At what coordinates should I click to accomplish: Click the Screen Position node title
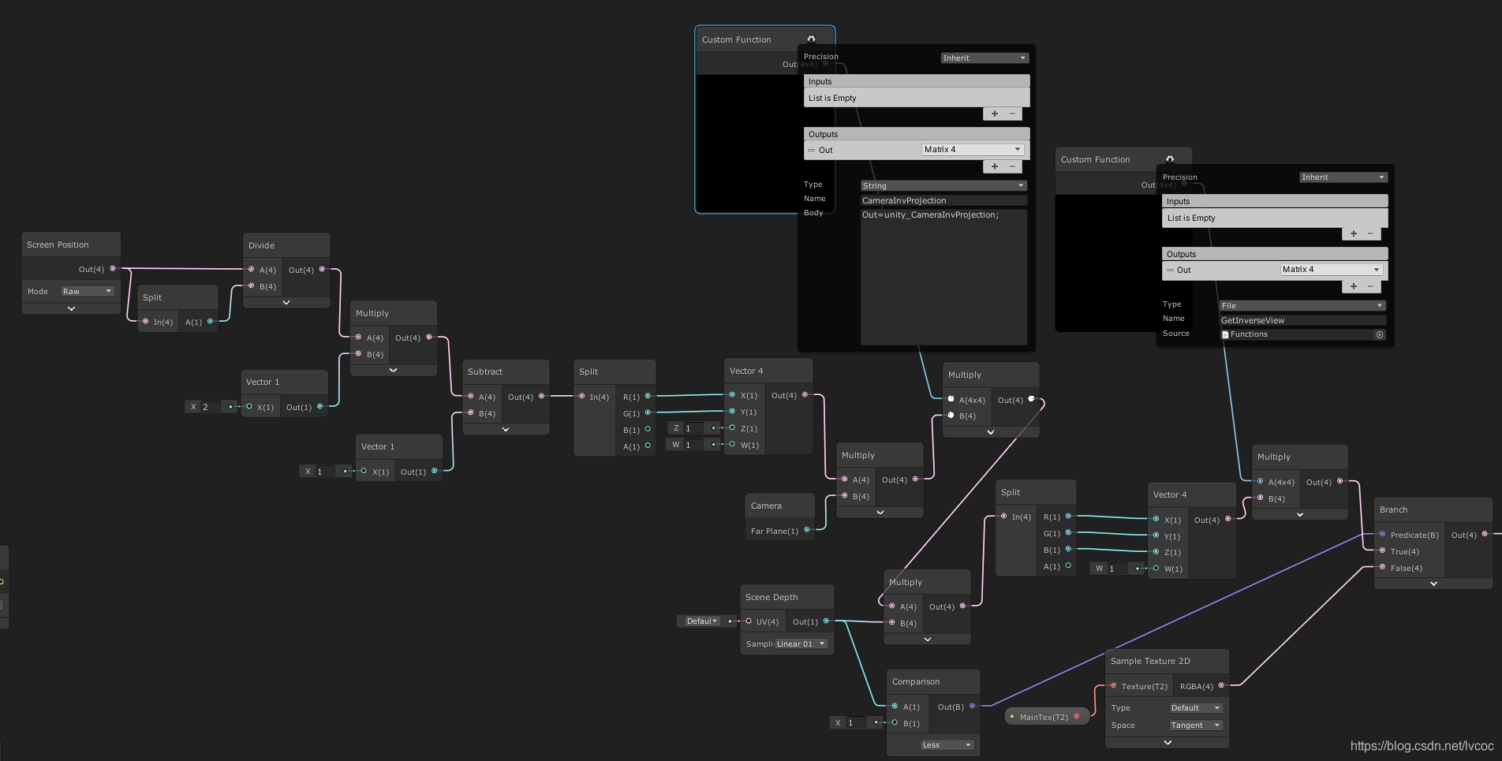coord(58,244)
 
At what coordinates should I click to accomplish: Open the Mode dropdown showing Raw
coord(87,291)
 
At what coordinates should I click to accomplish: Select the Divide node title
coord(262,245)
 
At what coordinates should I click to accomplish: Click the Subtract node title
coord(485,371)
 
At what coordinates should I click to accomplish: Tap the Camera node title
coord(766,505)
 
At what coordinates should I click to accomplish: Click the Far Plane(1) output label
coord(774,531)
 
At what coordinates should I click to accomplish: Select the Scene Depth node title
coord(772,597)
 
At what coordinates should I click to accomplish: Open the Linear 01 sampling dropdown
coord(800,643)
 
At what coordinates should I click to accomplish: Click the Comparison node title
coord(916,681)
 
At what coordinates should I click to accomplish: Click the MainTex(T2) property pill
coord(1044,717)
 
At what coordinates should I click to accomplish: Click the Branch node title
coord(1393,509)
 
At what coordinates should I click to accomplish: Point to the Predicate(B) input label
coord(1414,535)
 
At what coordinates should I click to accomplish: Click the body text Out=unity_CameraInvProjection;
coord(930,214)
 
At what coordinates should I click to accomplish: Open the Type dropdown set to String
coord(943,185)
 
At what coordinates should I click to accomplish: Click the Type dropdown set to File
coord(1302,305)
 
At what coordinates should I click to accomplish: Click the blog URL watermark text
coord(1422,745)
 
